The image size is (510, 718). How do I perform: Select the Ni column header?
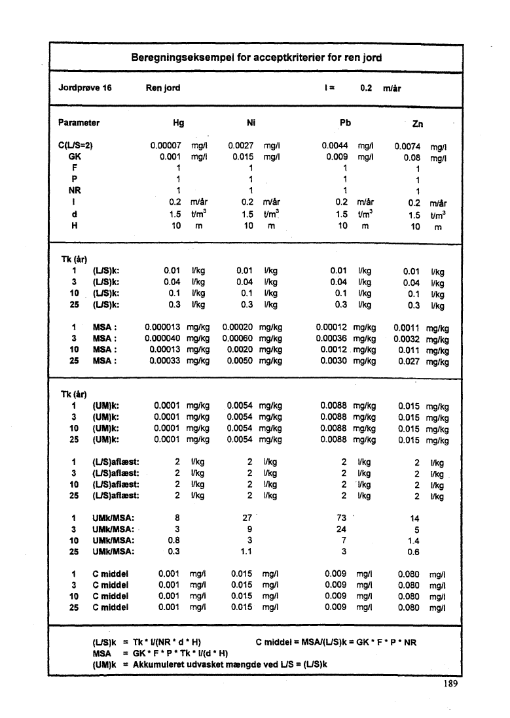pyautogui.click(x=251, y=122)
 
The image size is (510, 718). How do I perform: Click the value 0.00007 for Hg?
pyautogui.click(x=166, y=146)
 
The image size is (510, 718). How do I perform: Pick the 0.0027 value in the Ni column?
pyautogui.click(x=241, y=146)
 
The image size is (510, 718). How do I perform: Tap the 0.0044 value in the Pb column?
pyautogui.click(x=336, y=146)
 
